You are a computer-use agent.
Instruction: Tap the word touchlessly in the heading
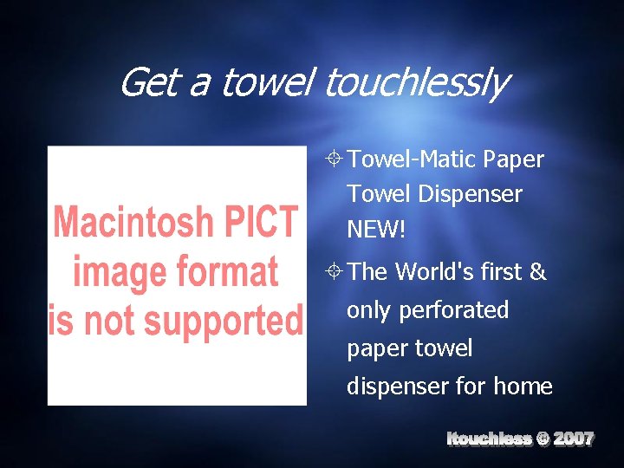(416, 84)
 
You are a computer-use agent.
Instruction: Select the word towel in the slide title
(270, 84)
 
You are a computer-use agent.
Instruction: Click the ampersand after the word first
(537, 272)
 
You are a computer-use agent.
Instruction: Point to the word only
(368, 310)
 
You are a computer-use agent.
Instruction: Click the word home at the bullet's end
(523, 386)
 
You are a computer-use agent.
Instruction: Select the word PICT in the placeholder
(263, 222)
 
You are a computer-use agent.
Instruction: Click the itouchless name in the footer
(489, 439)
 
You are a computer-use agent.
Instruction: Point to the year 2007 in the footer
(574, 439)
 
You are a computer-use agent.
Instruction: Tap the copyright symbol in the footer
(542, 439)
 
